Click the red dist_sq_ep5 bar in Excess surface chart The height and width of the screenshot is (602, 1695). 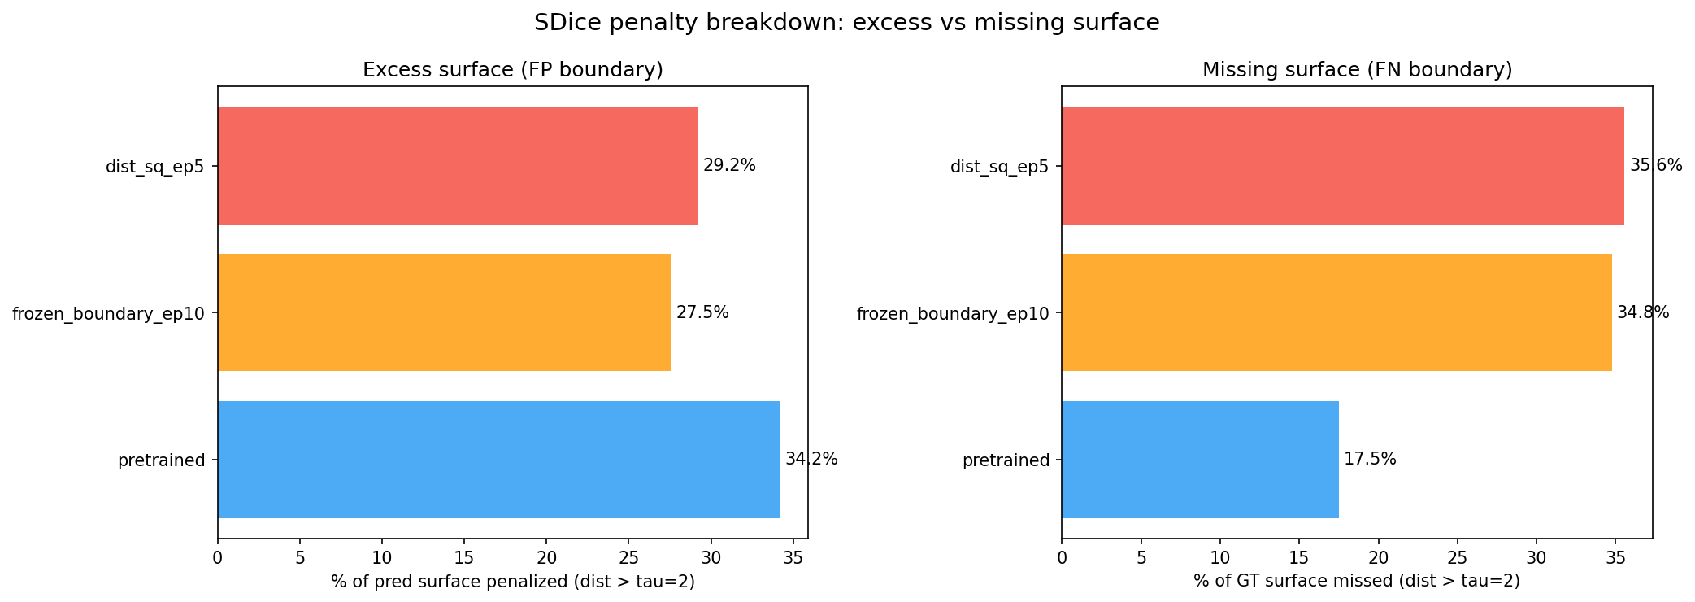click(x=457, y=166)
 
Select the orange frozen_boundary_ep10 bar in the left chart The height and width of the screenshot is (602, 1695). click(x=444, y=312)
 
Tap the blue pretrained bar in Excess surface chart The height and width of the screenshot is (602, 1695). click(x=498, y=460)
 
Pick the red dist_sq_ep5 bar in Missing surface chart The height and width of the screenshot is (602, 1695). click(x=1342, y=166)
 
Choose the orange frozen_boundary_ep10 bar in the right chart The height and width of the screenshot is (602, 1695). click(x=1336, y=312)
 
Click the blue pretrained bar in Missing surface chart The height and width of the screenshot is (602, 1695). click(x=1200, y=460)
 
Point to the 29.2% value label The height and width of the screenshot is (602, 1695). click(x=729, y=166)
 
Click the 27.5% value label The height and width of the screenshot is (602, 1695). click(x=702, y=312)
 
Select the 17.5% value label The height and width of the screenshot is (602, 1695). click(x=1370, y=460)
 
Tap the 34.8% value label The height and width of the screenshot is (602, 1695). click(x=1643, y=312)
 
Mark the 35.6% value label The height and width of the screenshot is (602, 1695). click(x=1656, y=166)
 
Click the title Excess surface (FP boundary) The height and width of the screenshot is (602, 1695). click(x=513, y=70)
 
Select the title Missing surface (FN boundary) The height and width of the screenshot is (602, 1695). click(x=1357, y=70)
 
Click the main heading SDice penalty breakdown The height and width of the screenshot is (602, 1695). click(x=846, y=23)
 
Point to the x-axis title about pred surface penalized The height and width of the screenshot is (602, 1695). click(x=513, y=582)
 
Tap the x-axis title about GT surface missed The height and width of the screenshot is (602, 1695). click(x=1357, y=582)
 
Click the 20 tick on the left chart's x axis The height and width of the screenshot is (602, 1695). click(x=546, y=558)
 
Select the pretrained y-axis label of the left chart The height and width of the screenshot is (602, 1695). click(x=161, y=460)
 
